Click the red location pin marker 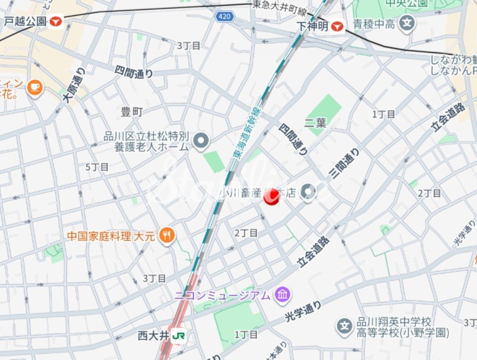coord(272,197)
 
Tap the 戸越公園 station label coord(25,22)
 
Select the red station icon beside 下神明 coord(336,26)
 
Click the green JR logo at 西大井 coord(180,336)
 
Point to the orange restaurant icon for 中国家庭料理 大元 coord(166,235)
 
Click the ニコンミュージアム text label coord(222,295)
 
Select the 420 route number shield coord(225,17)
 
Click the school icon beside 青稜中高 coord(407,25)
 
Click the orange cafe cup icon coord(34,87)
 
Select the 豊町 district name coord(131,112)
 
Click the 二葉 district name coord(314,123)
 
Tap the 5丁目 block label coord(97,167)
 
